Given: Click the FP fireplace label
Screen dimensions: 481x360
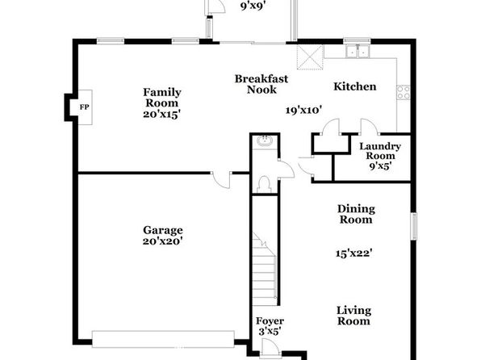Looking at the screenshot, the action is [85, 107].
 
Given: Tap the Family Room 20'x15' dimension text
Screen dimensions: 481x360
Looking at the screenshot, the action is [161, 114].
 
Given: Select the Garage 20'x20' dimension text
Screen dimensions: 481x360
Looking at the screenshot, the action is [163, 241].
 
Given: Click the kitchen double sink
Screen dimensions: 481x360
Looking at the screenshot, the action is [357, 51].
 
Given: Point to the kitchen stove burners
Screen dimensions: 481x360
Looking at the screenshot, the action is [404, 92].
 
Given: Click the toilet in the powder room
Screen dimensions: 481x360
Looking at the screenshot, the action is [264, 185].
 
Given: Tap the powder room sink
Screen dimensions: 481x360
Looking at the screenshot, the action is [265, 140].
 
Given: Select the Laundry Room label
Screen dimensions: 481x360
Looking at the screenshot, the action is [380, 151].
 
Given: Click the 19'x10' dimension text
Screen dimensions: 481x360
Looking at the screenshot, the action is [303, 110].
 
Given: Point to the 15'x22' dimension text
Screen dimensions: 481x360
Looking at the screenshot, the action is [354, 253].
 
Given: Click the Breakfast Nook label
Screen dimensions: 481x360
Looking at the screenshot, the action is [261, 84].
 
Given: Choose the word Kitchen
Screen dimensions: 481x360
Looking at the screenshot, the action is [355, 86].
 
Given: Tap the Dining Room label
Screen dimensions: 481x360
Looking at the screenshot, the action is [356, 214].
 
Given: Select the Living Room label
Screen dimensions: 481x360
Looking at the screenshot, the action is [354, 316].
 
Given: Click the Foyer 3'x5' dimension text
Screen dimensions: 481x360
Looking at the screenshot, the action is [270, 332].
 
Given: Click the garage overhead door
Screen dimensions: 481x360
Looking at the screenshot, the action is [163, 339].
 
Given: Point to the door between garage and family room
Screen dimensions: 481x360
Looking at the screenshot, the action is [221, 180].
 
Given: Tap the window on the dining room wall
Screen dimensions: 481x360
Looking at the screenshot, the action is [414, 227].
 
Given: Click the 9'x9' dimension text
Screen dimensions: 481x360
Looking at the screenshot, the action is [253, 6].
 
